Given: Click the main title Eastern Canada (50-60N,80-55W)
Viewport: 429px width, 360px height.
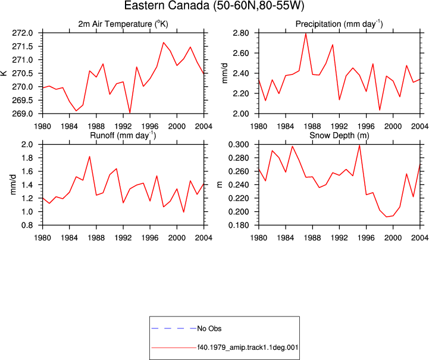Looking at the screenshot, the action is (214, 5).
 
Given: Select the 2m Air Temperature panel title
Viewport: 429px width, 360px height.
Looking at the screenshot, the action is (123, 24).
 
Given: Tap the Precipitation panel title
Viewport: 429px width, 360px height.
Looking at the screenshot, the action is (339, 24).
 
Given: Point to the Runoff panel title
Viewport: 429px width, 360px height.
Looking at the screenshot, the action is (123, 136).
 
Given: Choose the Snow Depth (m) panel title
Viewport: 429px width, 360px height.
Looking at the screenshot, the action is (339, 136).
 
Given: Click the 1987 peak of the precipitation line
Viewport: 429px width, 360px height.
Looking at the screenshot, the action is (306, 34).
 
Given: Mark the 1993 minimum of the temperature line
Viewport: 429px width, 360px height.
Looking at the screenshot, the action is (130, 113).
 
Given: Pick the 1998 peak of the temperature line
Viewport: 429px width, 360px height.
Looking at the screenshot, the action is (164, 42).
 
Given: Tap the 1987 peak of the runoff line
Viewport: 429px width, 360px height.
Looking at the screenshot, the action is (89, 156).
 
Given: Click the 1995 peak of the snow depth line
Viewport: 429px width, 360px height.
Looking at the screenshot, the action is (359, 145).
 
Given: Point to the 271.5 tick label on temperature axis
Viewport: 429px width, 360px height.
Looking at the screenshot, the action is (23, 46).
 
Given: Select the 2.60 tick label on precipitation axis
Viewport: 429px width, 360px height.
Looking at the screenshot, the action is (241, 53).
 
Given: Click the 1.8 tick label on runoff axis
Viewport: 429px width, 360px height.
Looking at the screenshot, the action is (27, 158).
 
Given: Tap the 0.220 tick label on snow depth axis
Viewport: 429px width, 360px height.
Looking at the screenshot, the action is (239, 198).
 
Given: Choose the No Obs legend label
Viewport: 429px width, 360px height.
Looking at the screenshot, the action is (209, 328).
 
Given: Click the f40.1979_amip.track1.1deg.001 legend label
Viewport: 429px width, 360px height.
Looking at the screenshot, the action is (248, 348).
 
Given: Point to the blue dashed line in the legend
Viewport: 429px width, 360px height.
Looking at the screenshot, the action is (174, 328).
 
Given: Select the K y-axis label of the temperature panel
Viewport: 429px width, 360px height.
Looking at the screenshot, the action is (4, 73).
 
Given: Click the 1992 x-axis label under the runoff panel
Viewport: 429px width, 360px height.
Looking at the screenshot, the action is (123, 238).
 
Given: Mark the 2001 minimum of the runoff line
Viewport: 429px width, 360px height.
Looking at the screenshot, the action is (184, 212).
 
